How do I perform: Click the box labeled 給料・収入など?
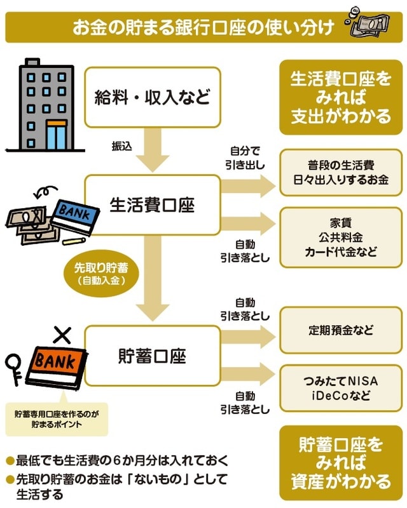click(x=152, y=98)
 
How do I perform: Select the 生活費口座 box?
click(x=152, y=205)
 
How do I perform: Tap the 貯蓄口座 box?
click(x=152, y=356)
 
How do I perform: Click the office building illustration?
click(x=46, y=104)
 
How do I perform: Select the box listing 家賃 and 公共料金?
click(x=341, y=237)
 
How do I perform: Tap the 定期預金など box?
click(x=341, y=330)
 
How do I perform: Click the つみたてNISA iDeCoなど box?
click(x=341, y=387)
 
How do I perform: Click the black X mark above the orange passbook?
click(x=61, y=335)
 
